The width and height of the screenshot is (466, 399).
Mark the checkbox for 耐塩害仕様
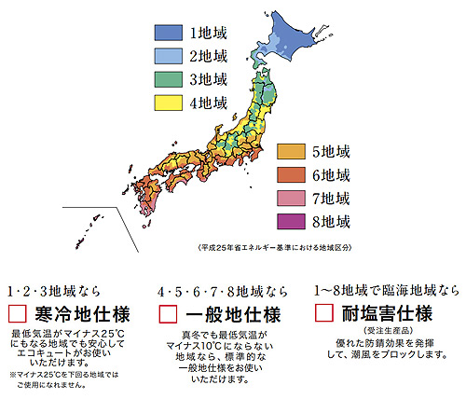tap(324, 311)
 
